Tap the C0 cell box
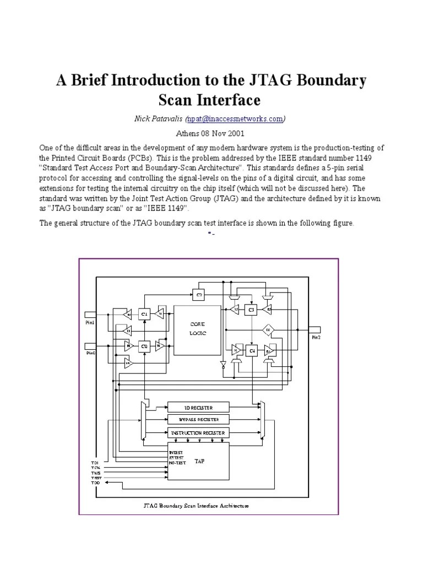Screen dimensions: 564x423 (x=145, y=345)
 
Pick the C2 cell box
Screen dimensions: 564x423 (x=199, y=295)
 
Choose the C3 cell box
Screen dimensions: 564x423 (x=252, y=310)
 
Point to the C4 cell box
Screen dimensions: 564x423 (x=252, y=350)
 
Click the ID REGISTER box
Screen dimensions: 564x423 (x=198, y=408)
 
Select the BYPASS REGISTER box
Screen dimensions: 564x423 (x=198, y=420)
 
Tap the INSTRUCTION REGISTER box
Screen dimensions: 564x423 (x=198, y=433)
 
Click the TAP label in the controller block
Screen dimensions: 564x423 (x=199, y=461)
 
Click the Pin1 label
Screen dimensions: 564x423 (x=90, y=323)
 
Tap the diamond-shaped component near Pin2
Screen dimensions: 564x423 (x=268, y=330)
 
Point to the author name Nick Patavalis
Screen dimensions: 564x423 (x=161, y=118)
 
